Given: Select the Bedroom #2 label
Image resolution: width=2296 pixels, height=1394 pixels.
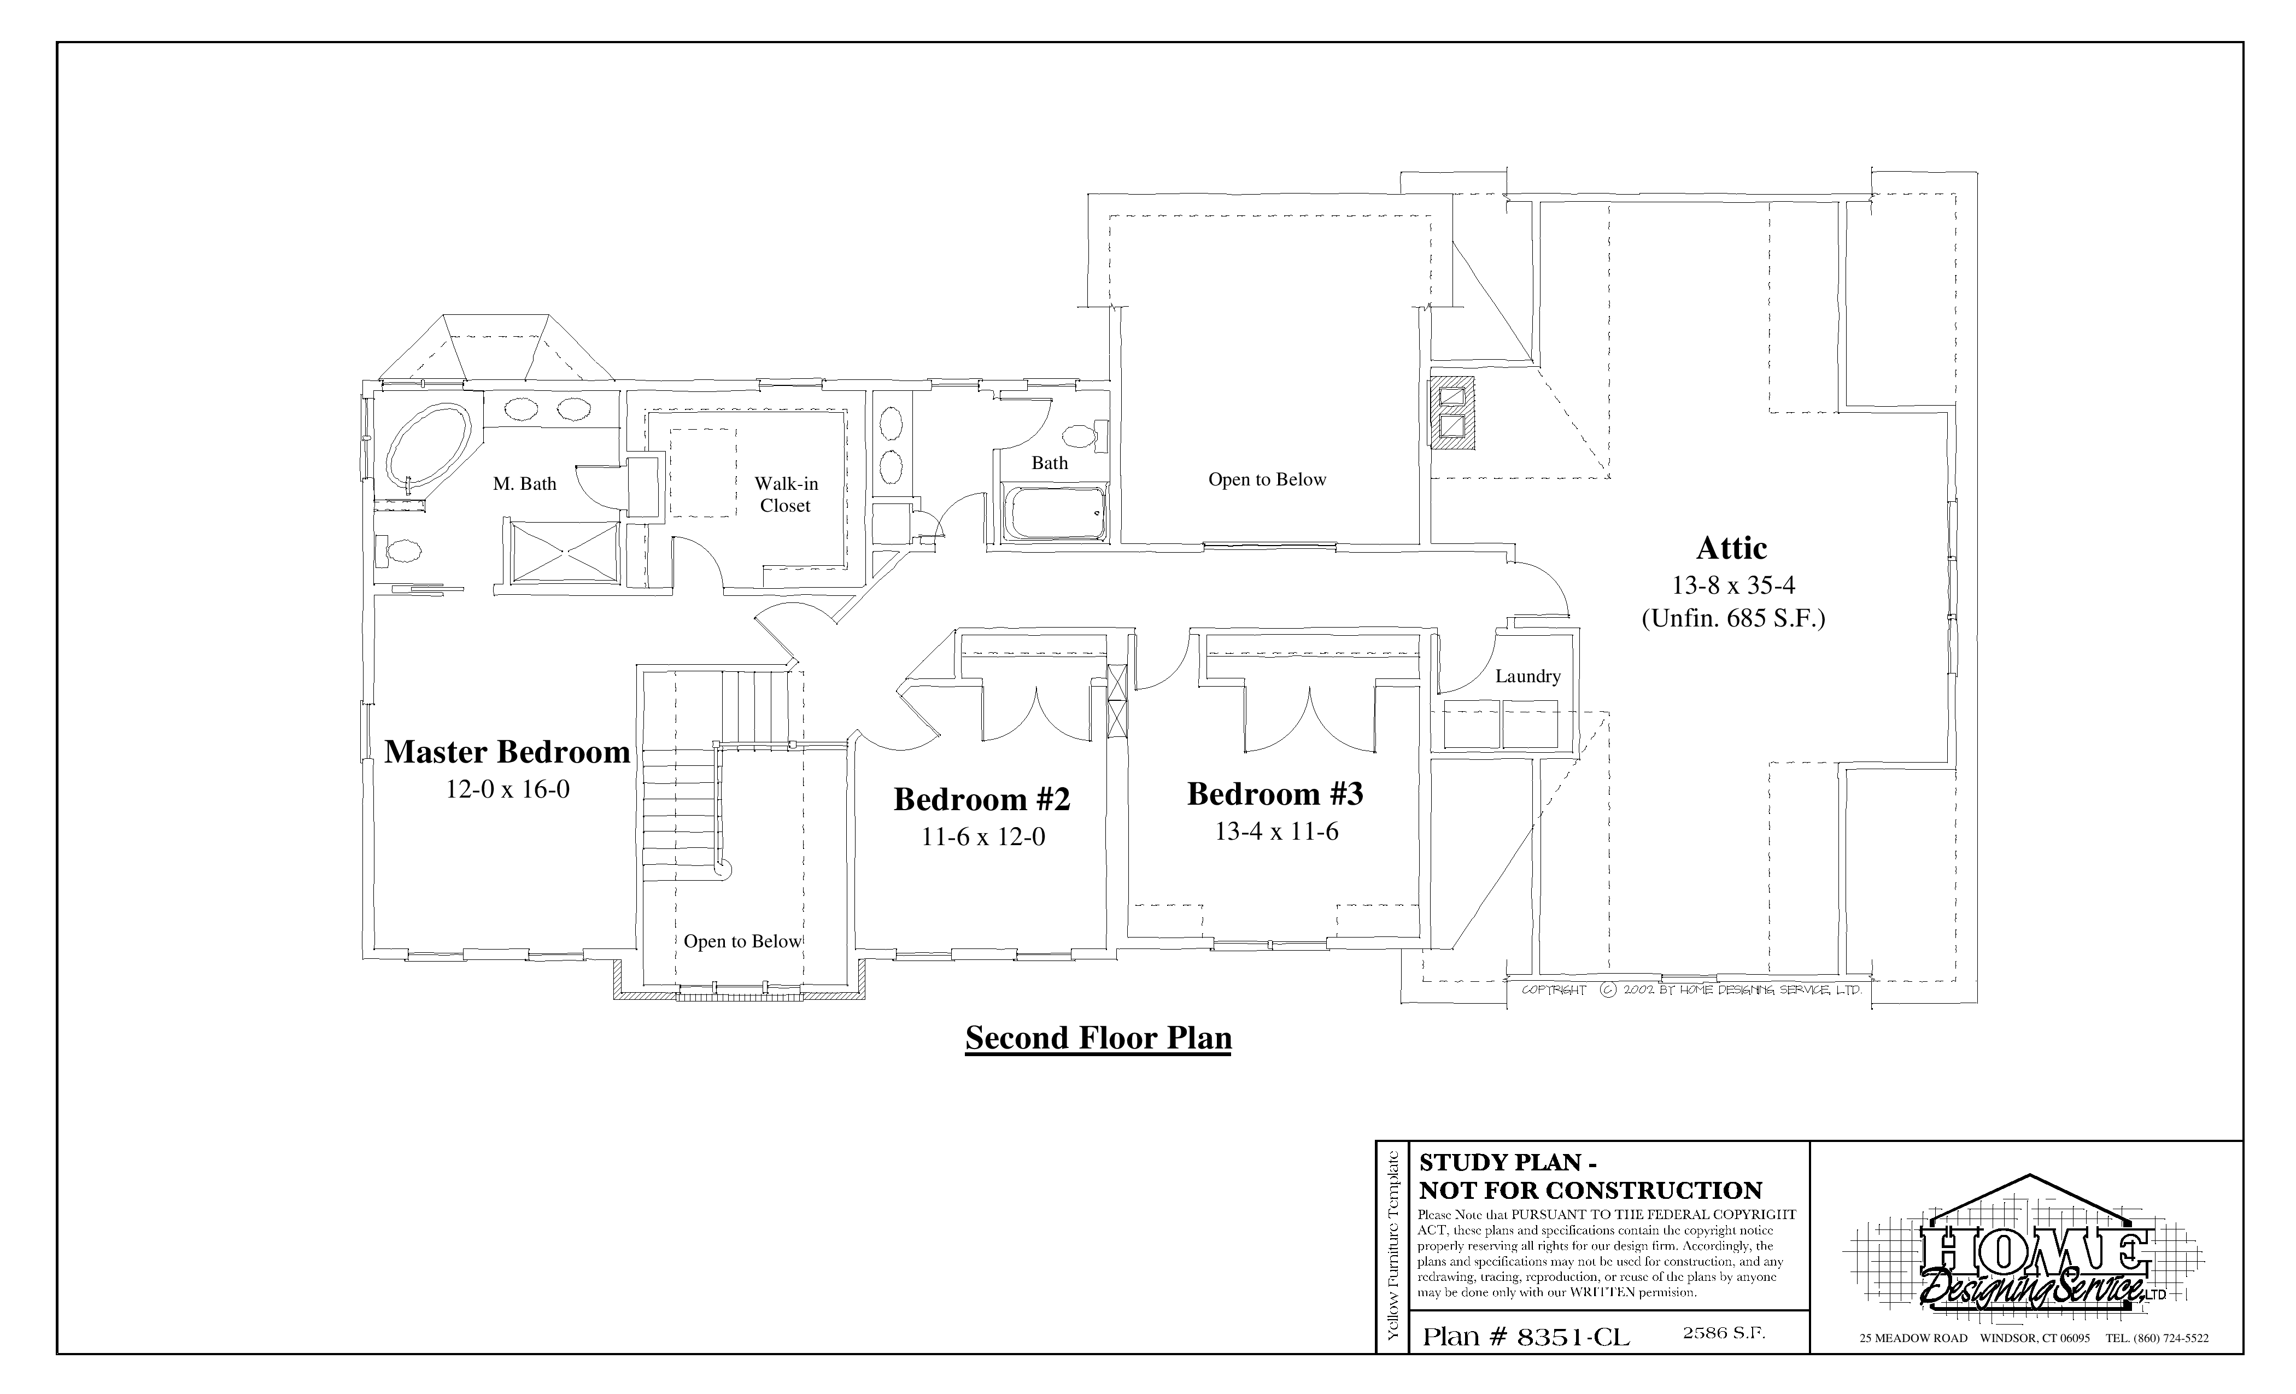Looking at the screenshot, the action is coord(982,799).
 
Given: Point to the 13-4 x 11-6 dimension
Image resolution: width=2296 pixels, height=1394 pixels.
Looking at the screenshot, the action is coord(1276,831).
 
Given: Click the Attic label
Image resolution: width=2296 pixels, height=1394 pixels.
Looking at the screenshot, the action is coord(1731,548).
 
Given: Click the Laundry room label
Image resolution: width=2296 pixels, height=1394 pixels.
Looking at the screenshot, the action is coord(1527,677).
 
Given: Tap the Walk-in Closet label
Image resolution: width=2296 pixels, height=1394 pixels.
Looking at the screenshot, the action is coord(786,495).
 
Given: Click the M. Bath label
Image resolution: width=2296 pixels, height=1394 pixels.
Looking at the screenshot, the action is coord(525,484).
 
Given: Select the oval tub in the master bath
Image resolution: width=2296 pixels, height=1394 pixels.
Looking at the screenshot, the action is coord(429,446).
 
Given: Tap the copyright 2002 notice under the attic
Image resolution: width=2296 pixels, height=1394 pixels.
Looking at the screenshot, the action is coord(1691,991).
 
